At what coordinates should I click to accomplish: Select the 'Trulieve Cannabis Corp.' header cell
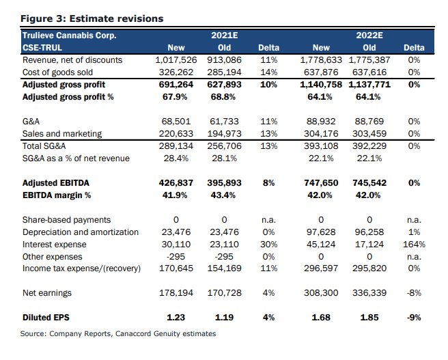click(x=69, y=35)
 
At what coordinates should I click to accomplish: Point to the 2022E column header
click(x=369, y=35)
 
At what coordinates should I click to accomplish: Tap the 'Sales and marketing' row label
click(x=62, y=134)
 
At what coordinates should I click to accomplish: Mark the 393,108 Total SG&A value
click(x=320, y=146)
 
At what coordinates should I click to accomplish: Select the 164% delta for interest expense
click(x=412, y=245)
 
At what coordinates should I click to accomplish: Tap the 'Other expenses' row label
click(x=52, y=257)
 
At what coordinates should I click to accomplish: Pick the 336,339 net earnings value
click(x=369, y=293)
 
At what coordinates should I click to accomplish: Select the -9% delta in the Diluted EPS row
click(x=414, y=318)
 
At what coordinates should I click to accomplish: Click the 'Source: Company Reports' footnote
click(x=118, y=333)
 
